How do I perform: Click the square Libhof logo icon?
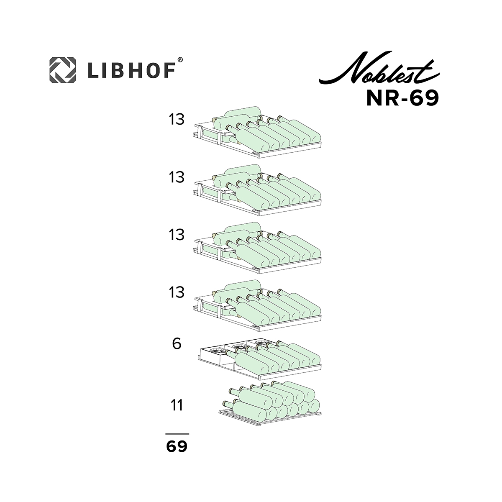(63, 70)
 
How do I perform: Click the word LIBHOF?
(132, 71)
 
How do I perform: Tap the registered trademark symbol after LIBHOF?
(180, 60)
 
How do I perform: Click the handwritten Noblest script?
(379, 69)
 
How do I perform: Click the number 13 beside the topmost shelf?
(177, 119)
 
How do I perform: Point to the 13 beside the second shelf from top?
(177, 177)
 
